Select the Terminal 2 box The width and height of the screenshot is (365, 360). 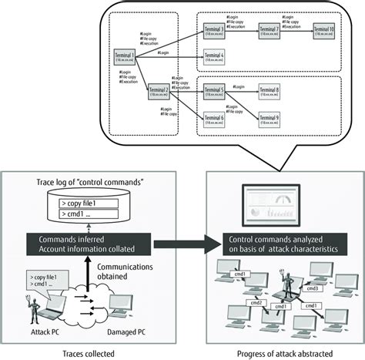click(159, 92)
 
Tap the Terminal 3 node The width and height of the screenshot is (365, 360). click(213, 30)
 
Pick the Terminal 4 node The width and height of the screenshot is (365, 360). click(213, 56)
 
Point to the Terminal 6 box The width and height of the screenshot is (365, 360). click(213, 118)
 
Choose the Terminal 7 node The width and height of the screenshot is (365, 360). click(269, 30)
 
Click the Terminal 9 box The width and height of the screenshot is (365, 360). click(269, 118)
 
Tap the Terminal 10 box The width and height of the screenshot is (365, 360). click(323, 30)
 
